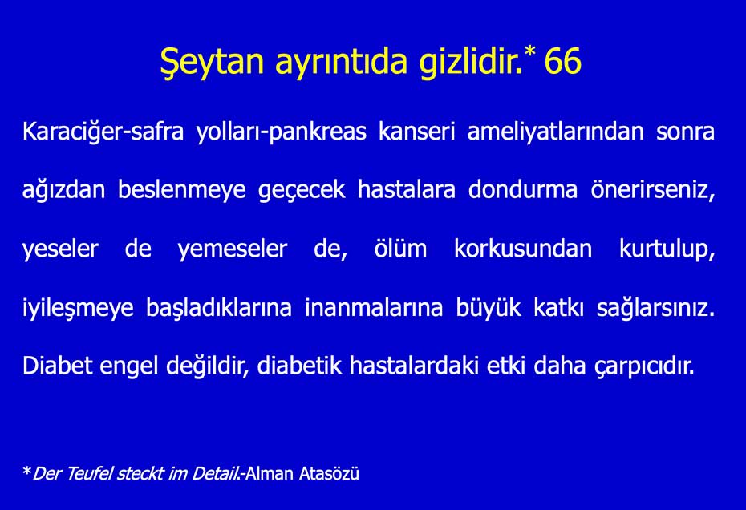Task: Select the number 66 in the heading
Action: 562,62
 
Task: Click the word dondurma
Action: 523,191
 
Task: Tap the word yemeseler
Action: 232,249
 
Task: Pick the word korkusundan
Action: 523,249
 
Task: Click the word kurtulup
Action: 666,249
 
